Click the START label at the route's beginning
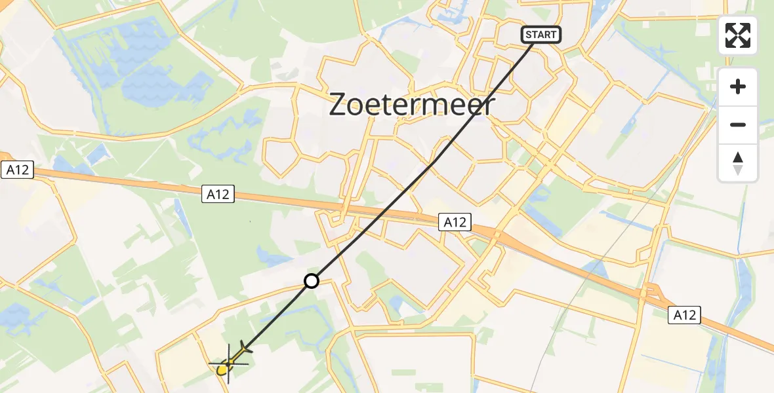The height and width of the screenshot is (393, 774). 541,35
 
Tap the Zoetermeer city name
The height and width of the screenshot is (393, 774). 411,104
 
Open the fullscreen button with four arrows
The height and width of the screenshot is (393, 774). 738,35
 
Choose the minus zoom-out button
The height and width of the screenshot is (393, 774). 738,124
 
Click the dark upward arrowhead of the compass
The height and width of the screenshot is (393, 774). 738,157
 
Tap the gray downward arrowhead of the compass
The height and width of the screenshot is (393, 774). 738,170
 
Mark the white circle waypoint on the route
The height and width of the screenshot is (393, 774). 311,281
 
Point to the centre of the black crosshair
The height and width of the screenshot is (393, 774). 228,363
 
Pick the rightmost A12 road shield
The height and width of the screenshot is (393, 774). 685,315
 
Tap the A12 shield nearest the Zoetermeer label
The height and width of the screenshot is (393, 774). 455,222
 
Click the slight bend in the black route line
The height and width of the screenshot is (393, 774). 433,163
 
